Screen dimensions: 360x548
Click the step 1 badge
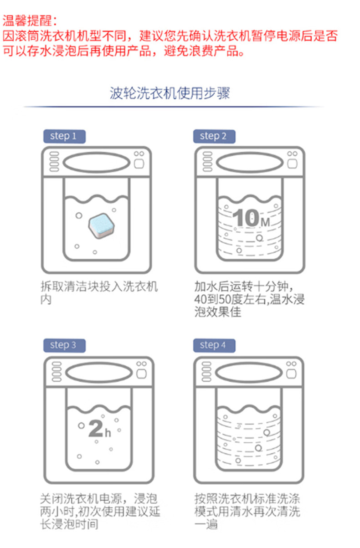[65, 136]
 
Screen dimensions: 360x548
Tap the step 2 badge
[214, 136]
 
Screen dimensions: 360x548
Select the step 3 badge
[65, 345]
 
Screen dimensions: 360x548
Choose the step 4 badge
[214, 345]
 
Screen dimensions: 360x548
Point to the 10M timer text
[251, 218]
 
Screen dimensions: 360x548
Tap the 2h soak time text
[100, 428]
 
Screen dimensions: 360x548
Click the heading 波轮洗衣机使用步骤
[170, 93]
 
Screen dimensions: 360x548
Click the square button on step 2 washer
[292, 164]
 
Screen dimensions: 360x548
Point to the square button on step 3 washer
[141, 374]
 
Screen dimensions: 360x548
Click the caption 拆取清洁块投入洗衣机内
[99, 293]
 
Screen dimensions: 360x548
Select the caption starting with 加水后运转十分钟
[249, 299]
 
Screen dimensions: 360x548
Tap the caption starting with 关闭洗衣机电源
[100, 511]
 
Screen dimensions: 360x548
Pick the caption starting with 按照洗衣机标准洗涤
[247, 511]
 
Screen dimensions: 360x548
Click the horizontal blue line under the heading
[174, 107]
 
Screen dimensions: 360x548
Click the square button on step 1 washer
[139, 164]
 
